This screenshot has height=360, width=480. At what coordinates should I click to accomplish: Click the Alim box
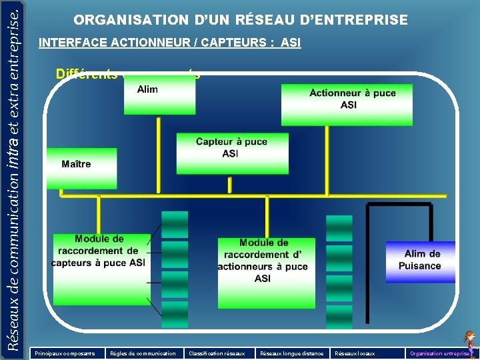click(159, 98)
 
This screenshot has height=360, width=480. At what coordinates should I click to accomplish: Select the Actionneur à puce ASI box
click(346, 104)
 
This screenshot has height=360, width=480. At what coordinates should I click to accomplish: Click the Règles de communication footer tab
click(143, 353)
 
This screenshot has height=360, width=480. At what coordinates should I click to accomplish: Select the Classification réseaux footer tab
click(217, 353)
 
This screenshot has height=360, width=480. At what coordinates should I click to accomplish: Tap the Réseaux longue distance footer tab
click(291, 353)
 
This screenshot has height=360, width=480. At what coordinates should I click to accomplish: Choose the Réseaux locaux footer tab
click(355, 353)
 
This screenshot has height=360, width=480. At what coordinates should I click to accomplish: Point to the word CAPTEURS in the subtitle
click(231, 43)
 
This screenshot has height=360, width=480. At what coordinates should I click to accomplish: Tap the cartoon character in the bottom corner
click(471, 343)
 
